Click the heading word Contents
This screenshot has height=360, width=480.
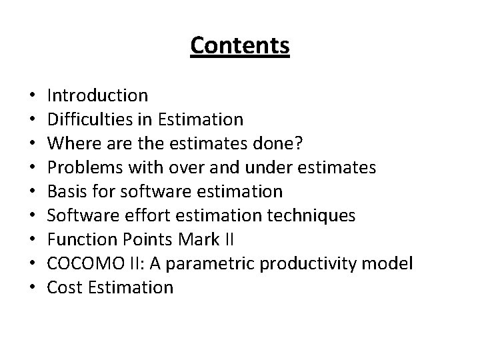click(x=240, y=46)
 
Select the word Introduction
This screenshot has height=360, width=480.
click(x=98, y=97)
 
